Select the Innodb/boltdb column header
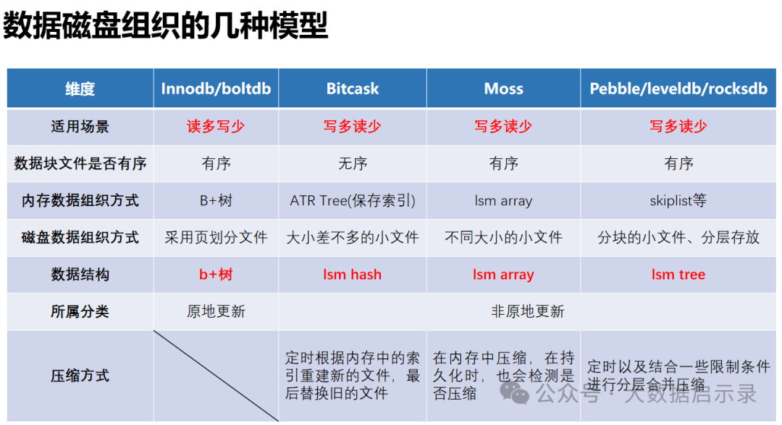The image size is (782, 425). [216, 88]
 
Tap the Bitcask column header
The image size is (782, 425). [353, 88]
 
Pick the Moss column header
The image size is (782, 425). [504, 88]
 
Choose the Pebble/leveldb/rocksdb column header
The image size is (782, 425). [678, 88]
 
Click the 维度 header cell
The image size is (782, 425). [80, 89]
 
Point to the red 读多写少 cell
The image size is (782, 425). [216, 126]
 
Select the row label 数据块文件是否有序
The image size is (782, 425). [80, 163]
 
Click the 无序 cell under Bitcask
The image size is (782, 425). [353, 163]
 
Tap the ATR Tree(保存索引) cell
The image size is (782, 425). [353, 200]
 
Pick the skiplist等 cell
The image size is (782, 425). [678, 200]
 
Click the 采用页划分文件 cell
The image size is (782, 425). [216, 237]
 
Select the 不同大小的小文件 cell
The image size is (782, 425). [504, 237]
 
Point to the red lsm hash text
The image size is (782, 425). [353, 274]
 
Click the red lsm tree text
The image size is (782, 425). [678, 274]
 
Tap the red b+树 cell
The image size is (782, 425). [216, 274]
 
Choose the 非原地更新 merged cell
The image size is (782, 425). [528, 311]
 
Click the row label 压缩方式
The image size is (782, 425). [80, 376]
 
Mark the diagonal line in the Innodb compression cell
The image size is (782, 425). [216, 376]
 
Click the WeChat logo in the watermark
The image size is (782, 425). [514, 392]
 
